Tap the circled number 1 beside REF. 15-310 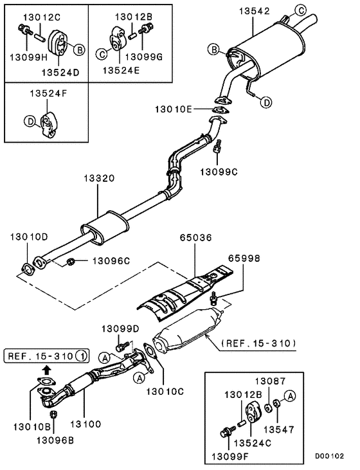(82, 355)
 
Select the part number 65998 (245, 258)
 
